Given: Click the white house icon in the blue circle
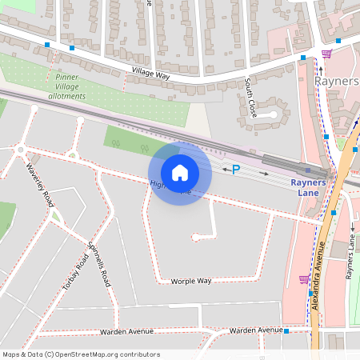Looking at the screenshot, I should coord(180,173).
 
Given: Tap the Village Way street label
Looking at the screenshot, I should coord(151,74).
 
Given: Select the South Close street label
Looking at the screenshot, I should coord(251,98).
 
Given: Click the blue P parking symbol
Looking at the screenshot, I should coord(236,170).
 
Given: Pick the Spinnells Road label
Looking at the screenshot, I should coord(99,264).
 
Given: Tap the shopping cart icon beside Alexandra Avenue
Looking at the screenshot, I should coord(304,278).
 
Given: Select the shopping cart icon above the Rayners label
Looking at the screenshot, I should coord(326,54).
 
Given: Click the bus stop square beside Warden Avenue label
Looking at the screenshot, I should coord(286,330).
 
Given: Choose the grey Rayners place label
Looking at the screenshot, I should coord(337,82).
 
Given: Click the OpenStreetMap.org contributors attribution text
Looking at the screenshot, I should coord(107,354).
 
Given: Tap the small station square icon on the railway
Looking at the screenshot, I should coord(308,170).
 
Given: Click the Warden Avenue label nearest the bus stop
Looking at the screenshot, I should coord(254,330).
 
